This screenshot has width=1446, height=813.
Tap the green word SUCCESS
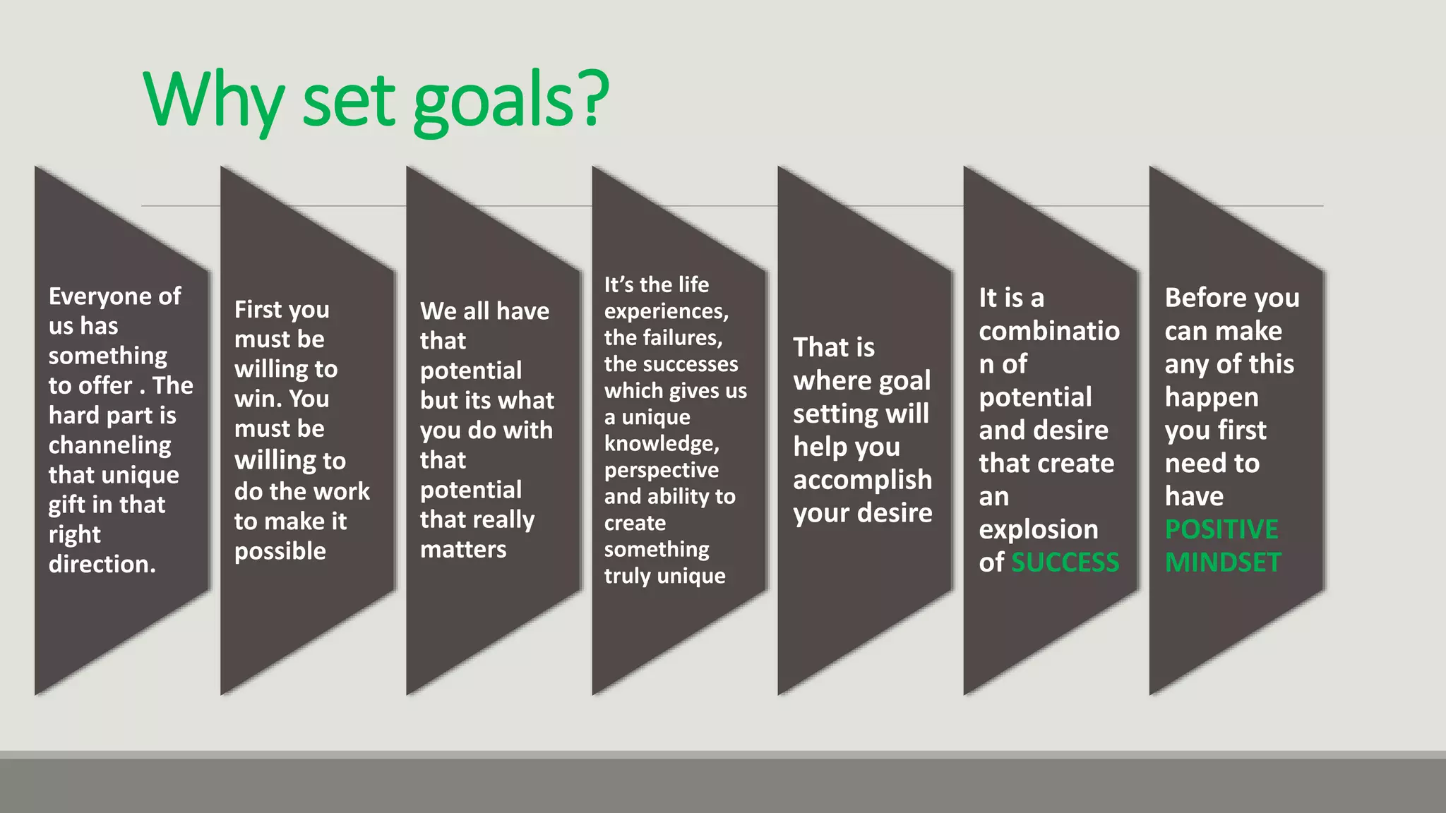[1065, 562]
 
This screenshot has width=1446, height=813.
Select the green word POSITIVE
[1221, 529]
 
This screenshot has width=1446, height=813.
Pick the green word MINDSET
[1223, 562]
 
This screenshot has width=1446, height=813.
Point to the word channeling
[109, 445]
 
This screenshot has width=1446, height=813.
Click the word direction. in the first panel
[102, 564]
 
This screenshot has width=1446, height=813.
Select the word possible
[280, 551]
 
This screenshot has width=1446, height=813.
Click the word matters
[463, 549]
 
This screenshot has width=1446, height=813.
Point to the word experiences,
[666, 311]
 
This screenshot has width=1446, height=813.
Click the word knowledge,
[662, 443]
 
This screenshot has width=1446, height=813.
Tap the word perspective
[662, 470]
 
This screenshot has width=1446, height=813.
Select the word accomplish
[862, 480]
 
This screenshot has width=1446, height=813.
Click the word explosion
[1039, 529]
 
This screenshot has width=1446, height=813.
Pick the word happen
[1212, 397]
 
